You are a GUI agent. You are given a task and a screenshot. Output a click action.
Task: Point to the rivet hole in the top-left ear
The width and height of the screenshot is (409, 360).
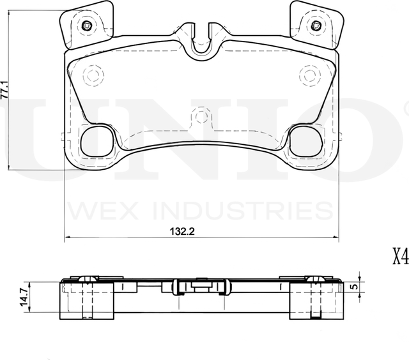pyautogui.click(x=87, y=26)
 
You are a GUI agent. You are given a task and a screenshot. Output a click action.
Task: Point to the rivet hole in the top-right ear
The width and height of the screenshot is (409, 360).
pyautogui.click(x=314, y=26)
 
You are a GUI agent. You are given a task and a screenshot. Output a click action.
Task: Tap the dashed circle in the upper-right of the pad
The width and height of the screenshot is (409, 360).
pyautogui.click(x=310, y=75)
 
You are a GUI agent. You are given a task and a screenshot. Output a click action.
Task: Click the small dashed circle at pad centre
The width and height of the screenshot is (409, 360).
pyautogui.click(x=201, y=117)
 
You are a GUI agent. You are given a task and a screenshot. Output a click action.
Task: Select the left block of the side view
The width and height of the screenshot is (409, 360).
pyautogui.click(x=87, y=301)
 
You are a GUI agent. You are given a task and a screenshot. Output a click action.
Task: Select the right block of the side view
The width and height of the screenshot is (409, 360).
pyautogui.click(x=316, y=301)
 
